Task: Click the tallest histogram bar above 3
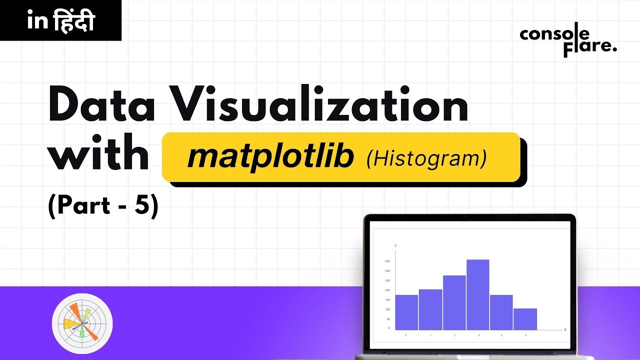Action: click(x=478, y=294)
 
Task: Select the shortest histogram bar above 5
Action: click(x=525, y=319)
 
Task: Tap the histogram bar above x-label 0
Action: click(x=406, y=312)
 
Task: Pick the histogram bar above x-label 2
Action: click(x=454, y=302)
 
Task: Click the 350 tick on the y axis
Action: click(x=387, y=261)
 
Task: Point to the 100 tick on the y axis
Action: click(x=387, y=309)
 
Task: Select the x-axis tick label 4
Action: click(x=502, y=335)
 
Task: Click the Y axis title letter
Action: click(x=395, y=246)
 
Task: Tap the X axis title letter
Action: click(x=565, y=330)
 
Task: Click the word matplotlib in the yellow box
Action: click(x=270, y=157)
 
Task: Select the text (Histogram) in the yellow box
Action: click(x=426, y=158)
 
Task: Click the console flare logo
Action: click(x=568, y=41)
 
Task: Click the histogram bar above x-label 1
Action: click(x=430, y=309)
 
